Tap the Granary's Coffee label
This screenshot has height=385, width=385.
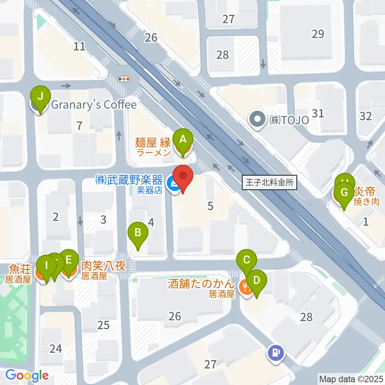(93, 105)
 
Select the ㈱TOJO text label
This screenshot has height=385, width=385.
(289, 120)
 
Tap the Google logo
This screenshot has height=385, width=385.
(27, 375)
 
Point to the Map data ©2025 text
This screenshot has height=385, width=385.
(351, 378)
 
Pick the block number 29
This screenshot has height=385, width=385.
(318, 34)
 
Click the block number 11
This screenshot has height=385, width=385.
(79, 46)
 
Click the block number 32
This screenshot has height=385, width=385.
(366, 116)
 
